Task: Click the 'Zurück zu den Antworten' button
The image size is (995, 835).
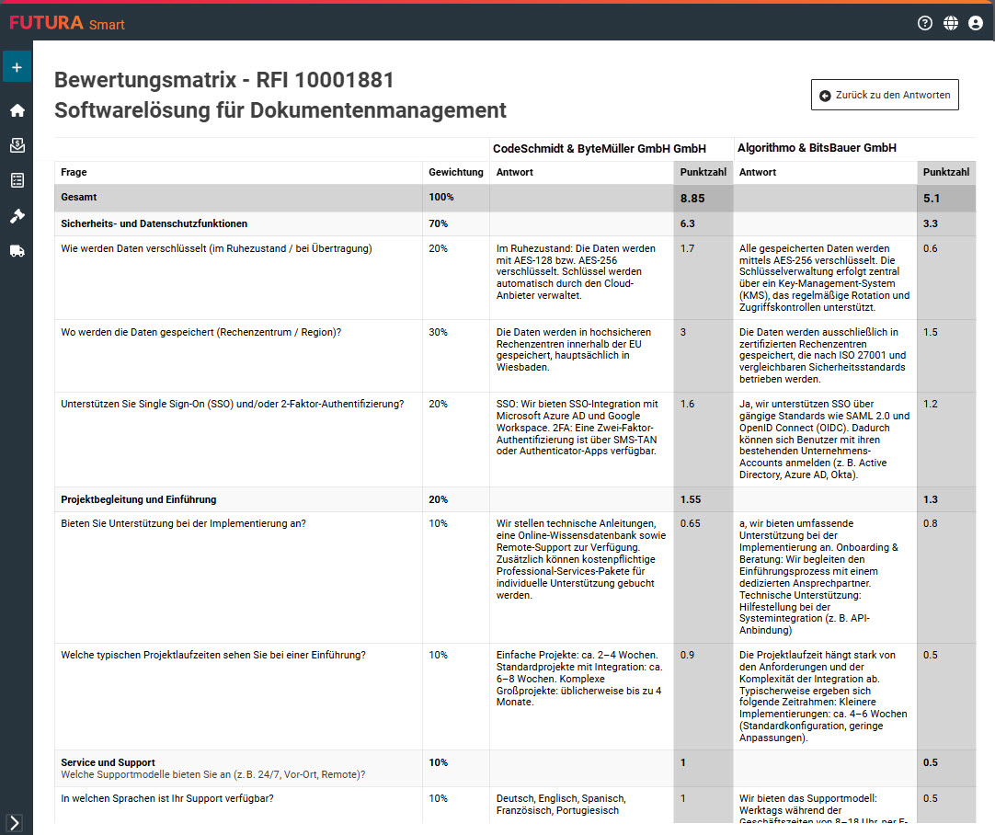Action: pyautogui.click(x=885, y=95)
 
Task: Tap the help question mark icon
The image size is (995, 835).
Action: pyautogui.click(x=925, y=23)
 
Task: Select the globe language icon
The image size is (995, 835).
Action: pyautogui.click(x=951, y=23)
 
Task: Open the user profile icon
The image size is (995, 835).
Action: pyautogui.click(x=976, y=23)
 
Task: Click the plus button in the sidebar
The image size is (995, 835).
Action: pyautogui.click(x=17, y=67)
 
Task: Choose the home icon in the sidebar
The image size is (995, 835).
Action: pyautogui.click(x=17, y=110)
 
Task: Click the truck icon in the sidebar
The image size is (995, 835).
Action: pyautogui.click(x=17, y=251)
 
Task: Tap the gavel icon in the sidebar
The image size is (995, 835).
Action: pyautogui.click(x=17, y=215)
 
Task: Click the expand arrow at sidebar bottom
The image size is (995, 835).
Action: pyautogui.click(x=15, y=822)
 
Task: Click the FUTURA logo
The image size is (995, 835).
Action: pyautogui.click(x=46, y=23)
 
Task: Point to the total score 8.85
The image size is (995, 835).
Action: pyautogui.click(x=692, y=198)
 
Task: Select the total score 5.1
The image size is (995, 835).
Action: pyautogui.click(x=933, y=198)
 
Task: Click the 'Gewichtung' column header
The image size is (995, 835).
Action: pyautogui.click(x=455, y=172)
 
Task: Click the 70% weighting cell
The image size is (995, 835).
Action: pyautogui.click(x=438, y=223)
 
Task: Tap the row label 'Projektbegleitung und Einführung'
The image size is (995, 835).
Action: pyautogui.click(x=138, y=499)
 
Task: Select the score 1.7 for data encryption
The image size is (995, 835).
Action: pyautogui.click(x=688, y=248)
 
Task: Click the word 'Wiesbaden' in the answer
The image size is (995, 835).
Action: pyautogui.click(x=521, y=367)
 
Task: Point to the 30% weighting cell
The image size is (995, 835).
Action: pyautogui.click(x=438, y=332)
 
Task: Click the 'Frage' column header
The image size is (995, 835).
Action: pyautogui.click(x=74, y=172)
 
